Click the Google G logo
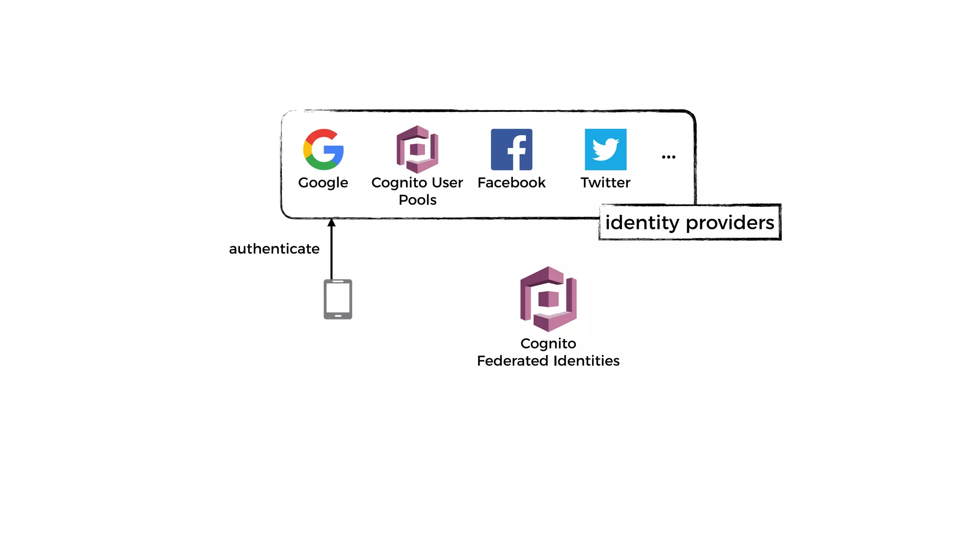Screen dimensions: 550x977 [x=323, y=149]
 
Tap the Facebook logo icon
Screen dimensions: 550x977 [x=511, y=149]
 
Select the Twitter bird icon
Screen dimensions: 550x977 [x=605, y=149]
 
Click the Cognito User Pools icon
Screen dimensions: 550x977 [x=417, y=149]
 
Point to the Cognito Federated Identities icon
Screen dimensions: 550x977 [x=549, y=299]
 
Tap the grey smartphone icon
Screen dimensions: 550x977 [x=338, y=299]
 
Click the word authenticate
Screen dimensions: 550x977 [x=274, y=249]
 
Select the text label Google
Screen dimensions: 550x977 [x=323, y=183]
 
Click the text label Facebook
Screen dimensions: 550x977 [x=511, y=182]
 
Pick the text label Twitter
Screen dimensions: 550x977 [x=605, y=182]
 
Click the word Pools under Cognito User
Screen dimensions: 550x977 [x=417, y=200]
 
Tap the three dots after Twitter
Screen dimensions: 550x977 [x=668, y=157]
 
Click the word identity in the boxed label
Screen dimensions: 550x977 [x=642, y=223]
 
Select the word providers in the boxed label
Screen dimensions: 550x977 [x=730, y=223]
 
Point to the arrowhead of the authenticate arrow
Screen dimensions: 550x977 [x=332, y=222]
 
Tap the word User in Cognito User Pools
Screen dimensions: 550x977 [x=447, y=182]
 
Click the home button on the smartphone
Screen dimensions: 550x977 [x=338, y=316]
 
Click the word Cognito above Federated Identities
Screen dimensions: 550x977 [x=548, y=343]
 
